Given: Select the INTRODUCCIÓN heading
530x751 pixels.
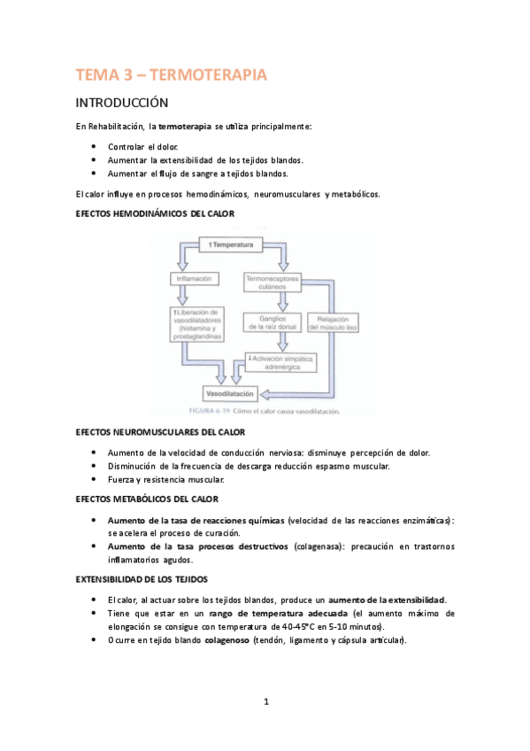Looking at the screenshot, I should click(132, 103).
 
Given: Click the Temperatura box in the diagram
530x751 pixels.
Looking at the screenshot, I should click(232, 244).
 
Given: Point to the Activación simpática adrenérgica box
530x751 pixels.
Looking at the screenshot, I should click(276, 361).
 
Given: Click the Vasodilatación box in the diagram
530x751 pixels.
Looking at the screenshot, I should click(230, 392).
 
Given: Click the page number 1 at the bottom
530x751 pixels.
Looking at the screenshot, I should click(265, 702).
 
